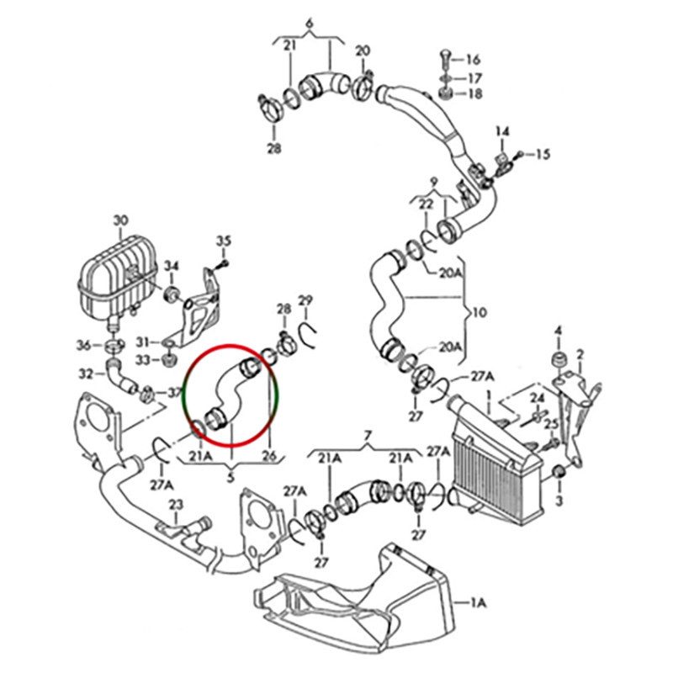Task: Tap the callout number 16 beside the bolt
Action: [x=473, y=59]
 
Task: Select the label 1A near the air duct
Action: [x=479, y=602]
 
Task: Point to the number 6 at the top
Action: [x=309, y=23]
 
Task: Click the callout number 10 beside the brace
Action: [x=479, y=312]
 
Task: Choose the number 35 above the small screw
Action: [x=223, y=241]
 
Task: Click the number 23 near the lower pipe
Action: [x=176, y=505]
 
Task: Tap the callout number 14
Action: [x=502, y=132]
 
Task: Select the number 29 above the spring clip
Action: [x=305, y=301]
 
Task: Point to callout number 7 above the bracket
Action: [x=367, y=435]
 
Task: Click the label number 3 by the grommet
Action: [x=559, y=501]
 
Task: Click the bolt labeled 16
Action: [x=445, y=61]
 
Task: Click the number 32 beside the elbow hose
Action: [x=85, y=373]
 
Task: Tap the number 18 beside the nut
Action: [x=473, y=93]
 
